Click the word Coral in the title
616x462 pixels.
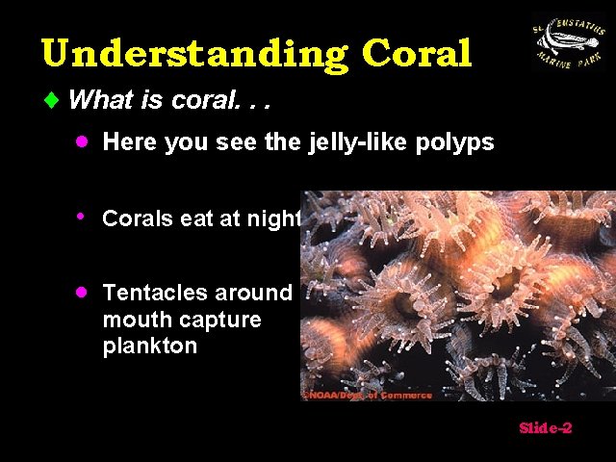(x=417, y=54)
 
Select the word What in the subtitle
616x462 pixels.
(x=101, y=99)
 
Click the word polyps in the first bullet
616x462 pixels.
(x=459, y=143)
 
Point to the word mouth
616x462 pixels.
(x=134, y=320)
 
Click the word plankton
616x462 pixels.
(x=149, y=346)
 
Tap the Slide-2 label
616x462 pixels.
(x=546, y=427)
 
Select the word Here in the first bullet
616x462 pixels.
(x=130, y=143)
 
